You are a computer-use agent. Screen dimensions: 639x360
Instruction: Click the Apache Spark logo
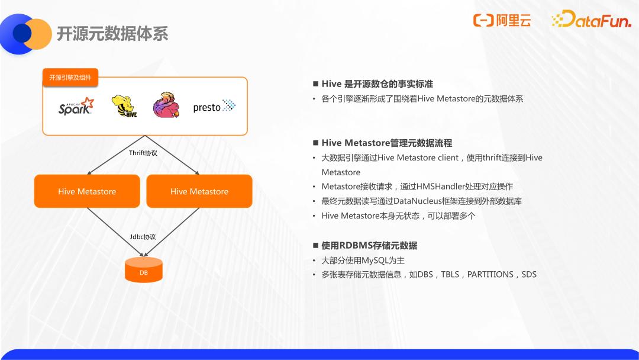click(x=76, y=106)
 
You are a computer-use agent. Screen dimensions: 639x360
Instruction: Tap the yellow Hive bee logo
click(x=124, y=106)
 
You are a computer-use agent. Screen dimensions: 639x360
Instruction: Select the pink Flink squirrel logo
click(x=166, y=105)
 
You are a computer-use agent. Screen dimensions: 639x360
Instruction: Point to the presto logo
click(x=214, y=107)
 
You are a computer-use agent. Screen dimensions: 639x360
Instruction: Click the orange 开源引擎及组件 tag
click(x=70, y=78)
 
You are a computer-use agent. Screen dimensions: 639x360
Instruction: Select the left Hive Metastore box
click(x=87, y=191)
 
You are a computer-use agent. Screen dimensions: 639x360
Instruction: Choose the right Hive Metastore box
click(x=199, y=191)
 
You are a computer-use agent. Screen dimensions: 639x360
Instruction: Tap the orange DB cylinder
click(x=143, y=270)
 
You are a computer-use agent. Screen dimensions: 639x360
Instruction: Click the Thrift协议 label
click(x=143, y=153)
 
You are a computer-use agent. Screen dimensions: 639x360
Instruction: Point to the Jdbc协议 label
click(x=143, y=237)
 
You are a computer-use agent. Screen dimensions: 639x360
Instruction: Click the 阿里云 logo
click(x=502, y=20)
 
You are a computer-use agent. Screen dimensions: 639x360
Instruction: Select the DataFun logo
click(x=591, y=19)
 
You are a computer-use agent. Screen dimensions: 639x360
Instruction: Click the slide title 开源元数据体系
click(x=112, y=34)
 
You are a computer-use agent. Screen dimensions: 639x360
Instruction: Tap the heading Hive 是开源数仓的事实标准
click(x=377, y=84)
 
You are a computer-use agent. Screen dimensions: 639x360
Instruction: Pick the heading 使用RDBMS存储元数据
click(x=369, y=246)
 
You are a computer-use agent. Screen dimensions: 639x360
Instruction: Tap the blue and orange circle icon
click(x=25, y=34)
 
